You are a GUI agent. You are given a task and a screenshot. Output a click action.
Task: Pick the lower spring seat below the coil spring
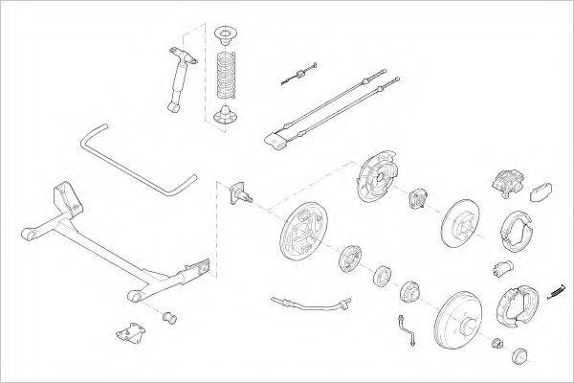point(227,117)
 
